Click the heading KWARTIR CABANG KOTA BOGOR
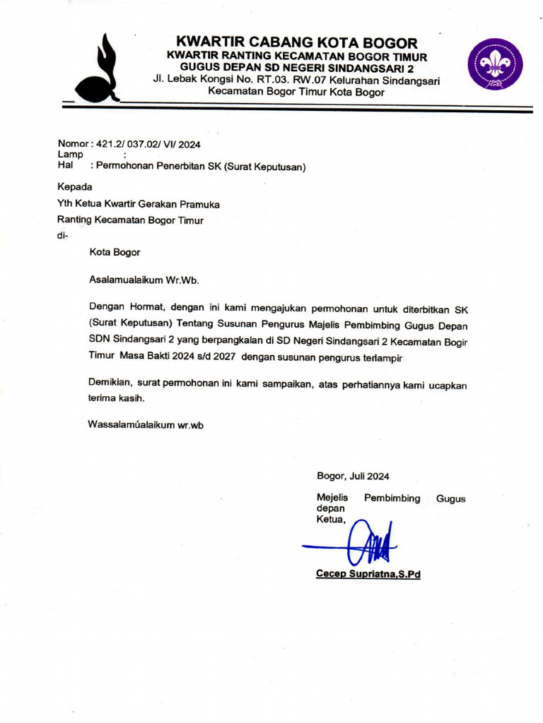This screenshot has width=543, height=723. [296, 42]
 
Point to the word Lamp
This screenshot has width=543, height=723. [70, 154]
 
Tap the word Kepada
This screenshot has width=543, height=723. [74, 187]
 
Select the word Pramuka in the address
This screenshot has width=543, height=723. [200, 204]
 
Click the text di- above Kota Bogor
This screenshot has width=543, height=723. [62, 236]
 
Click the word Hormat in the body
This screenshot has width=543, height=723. [146, 309]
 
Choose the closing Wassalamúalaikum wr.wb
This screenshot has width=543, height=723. [146, 424]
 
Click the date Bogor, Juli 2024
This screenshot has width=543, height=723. [353, 476]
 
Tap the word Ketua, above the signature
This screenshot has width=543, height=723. [331, 520]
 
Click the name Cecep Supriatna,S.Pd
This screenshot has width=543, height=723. [368, 574]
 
